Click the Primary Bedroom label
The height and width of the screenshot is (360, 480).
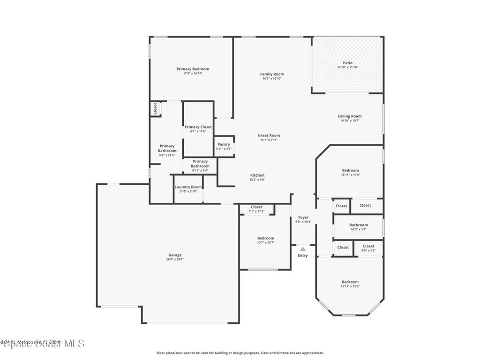[193, 69]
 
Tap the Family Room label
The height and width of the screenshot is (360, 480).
[272, 74]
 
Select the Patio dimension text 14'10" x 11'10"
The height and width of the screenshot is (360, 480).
[347, 67]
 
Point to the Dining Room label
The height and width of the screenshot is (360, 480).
[350, 116]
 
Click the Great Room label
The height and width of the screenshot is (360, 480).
[269, 135]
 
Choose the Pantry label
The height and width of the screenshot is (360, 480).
[224, 144]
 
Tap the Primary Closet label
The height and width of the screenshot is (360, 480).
[198, 127]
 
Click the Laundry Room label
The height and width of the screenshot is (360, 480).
[188, 187]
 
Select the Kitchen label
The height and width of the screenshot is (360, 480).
[257, 175]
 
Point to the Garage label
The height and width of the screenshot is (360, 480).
[175, 255]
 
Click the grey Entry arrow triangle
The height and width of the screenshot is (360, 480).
[303, 249]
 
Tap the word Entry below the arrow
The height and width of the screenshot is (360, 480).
[303, 255]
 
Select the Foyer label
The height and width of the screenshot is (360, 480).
[303, 217]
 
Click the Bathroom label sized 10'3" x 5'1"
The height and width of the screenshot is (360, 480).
[359, 225]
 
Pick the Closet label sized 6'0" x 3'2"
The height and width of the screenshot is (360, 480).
[368, 246]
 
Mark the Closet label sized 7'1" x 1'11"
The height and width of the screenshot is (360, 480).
[256, 207]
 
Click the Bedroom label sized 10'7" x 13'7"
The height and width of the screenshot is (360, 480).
[266, 238]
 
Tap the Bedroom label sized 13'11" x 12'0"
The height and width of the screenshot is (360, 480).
[350, 282]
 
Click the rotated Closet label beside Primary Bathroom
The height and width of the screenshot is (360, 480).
[155, 109]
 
